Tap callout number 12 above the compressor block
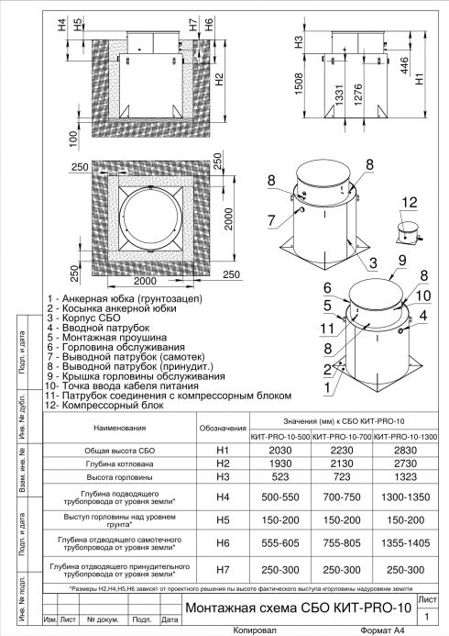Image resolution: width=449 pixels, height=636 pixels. [x=409, y=202]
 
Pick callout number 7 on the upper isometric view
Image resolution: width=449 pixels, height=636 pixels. [x=272, y=218]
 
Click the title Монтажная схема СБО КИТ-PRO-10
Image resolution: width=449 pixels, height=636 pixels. [x=294, y=608]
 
